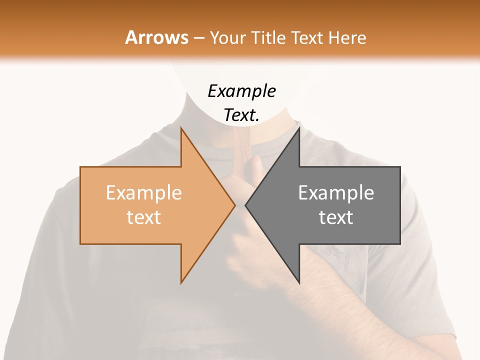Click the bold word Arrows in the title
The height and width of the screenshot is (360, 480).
pos(157,37)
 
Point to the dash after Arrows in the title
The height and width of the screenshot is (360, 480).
pos(198,38)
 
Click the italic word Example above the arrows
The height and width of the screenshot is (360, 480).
pos(241,91)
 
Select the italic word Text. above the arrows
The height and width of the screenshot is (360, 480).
pos(241,115)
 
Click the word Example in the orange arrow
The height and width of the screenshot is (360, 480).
pos(144,192)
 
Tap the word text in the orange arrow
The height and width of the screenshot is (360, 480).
pos(144,217)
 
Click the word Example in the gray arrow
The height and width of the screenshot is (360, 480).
pos(336,192)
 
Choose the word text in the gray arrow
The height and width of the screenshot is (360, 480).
pos(336,217)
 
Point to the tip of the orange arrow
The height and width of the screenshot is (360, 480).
pos(234,205)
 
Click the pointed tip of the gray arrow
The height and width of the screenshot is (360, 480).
pos(246,205)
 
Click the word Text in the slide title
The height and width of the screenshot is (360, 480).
pos(306,37)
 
